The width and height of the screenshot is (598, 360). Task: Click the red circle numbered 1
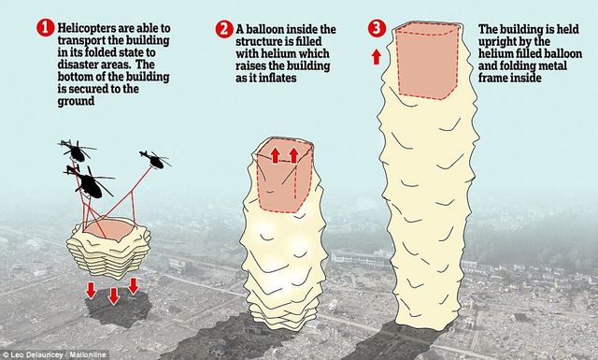point(46,28)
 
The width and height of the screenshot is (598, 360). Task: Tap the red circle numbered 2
point(224,29)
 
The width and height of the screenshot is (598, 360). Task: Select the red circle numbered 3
point(377,28)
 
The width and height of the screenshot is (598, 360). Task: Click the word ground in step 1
point(76,102)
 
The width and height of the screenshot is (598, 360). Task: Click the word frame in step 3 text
point(493,78)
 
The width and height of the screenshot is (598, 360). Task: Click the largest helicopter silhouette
point(90,181)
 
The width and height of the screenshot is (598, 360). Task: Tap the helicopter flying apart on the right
point(155,159)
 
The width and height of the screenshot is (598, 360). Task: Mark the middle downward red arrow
point(113,295)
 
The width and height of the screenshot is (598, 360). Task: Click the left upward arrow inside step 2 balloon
point(276,155)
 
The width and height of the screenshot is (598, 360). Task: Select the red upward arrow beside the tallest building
point(377,57)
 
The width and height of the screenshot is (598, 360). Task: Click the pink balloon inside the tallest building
point(427,61)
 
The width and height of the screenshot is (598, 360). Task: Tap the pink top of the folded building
point(109,230)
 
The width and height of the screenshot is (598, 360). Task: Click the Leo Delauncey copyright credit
point(54,355)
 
